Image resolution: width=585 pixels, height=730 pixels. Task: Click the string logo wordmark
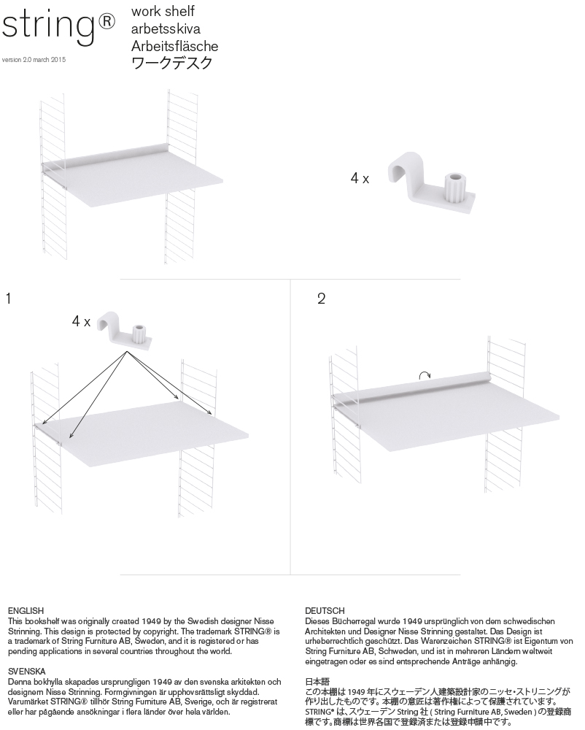pos(47,28)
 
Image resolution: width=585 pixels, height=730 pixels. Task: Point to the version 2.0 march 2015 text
pos(34,60)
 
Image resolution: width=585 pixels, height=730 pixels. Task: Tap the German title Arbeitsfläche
pos(174,47)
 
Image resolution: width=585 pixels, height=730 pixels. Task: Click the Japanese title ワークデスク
pos(172,64)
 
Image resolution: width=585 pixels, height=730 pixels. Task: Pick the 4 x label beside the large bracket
pos(360,178)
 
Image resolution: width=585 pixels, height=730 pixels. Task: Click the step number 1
pos(8,299)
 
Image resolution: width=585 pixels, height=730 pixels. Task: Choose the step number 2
pos(322,299)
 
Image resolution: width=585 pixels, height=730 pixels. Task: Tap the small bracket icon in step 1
pos(127,328)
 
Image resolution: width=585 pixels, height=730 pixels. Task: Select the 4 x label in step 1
pos(81,321)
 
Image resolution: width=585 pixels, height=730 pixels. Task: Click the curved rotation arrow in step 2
pos(425,375)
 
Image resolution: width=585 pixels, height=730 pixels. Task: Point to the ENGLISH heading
pos(26,610)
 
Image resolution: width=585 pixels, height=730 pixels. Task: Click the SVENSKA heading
pos(27,670)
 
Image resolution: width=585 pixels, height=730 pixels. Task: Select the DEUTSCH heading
pos(325,610)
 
